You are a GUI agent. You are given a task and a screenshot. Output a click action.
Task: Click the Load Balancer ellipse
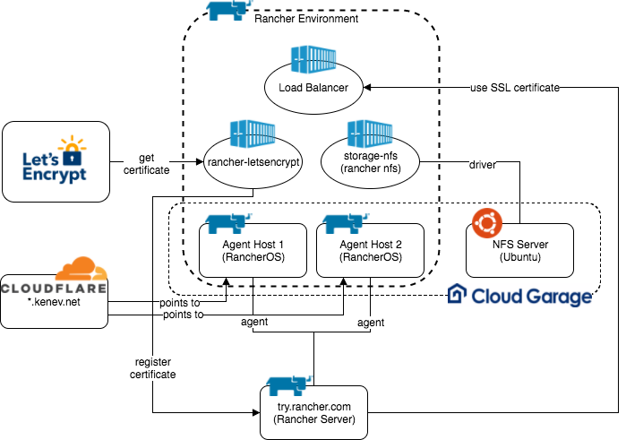click(x=306, y=88)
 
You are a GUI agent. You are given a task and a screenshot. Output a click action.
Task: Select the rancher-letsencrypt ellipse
click(x=253, y=162)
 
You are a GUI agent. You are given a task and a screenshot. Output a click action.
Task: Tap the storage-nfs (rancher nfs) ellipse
click(x=370, y=162)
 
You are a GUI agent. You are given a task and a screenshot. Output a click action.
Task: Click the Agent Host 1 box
click(x=253, y=250)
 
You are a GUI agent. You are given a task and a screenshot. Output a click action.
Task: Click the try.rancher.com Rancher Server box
click(x=313, y=412)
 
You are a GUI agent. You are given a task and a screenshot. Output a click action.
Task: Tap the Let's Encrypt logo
click(x=56, y=162)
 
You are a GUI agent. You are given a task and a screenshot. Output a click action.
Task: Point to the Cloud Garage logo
click(x=519, y=296)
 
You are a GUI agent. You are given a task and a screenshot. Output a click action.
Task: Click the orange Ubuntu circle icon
click(x=486, y=221)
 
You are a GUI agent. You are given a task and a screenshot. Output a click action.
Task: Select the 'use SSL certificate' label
click(x=514, y=88)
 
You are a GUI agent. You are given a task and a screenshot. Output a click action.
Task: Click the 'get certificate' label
click(x=146, y=163)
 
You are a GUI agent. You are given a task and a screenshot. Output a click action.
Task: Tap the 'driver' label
click(x=483, y=166)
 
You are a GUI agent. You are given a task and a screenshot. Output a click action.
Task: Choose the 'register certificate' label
click(x=152, y=368)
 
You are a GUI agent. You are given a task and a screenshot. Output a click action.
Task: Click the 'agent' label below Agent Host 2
click(x=370, y=323)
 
